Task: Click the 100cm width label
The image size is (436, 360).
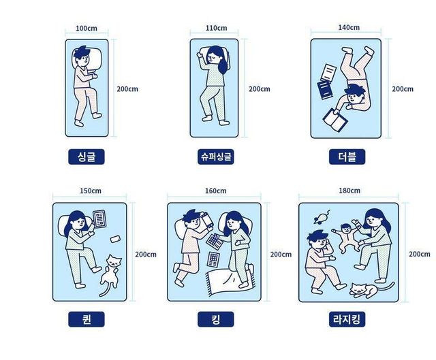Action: point(87,29)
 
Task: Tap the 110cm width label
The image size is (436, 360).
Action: point(217,28)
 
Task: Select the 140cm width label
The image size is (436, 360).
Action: point(349,27)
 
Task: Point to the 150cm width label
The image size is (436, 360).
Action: point(91,191)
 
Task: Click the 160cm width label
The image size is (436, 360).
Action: point(216,191)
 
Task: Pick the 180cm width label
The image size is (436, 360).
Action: point(349,191)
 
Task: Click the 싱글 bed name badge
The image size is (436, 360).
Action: point(87,157)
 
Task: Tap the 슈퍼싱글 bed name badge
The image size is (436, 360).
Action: point(216,157)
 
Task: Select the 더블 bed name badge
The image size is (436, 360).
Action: point(347,157)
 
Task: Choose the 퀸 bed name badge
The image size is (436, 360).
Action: point(87,319)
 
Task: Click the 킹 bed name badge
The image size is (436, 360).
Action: point(216,319)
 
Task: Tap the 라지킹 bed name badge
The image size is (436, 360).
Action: point(347,319)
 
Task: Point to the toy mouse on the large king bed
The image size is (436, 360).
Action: point(322,217)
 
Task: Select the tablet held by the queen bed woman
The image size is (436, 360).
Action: point(99,218)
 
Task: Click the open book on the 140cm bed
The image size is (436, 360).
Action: point(335,120)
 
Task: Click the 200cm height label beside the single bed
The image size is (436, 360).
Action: point(127,89)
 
